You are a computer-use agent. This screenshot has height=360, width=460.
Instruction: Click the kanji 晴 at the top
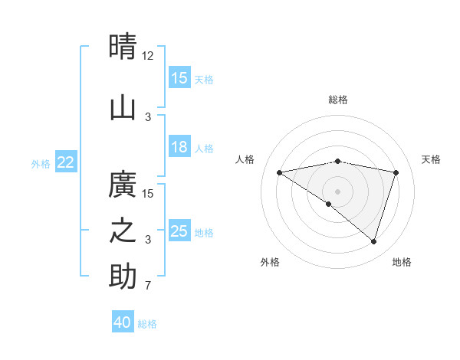[x=123, y=47]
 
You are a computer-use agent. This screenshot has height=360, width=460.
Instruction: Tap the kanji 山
[x=123, y=108]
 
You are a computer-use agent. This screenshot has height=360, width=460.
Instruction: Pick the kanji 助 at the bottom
[x=123, y=277]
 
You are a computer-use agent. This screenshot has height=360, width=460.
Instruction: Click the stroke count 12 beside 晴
[x=148, y=56]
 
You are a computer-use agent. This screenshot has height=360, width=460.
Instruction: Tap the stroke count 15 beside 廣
[x=148, y=193]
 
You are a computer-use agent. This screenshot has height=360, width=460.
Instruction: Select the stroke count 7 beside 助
[x=148, y=286]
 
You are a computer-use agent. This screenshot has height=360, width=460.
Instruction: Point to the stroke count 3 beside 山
[x=148, y=116]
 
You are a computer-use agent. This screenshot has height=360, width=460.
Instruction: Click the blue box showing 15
[x=179, y=78]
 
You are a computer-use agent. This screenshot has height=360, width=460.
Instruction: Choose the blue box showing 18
[x=179, y=147]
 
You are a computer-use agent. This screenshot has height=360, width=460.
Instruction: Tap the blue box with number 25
[x=179, y=231]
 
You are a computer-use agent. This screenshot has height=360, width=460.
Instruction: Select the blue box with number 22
[x=66, y=162]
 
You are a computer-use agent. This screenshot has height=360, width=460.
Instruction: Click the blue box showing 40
[x=123, y=322]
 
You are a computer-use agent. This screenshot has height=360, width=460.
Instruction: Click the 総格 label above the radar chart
[x=338, y=100]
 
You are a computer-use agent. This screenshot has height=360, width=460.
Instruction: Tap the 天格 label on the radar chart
[x=432, y=159]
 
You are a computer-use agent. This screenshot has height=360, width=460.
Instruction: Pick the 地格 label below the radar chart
[x=402, y=262]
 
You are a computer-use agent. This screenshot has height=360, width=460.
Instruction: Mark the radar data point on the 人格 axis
[x=280, y=172]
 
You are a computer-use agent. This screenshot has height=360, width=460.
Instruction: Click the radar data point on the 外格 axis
[x=329, y=204]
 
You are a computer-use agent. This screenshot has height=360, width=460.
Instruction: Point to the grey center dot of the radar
[x=338, y=191]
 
